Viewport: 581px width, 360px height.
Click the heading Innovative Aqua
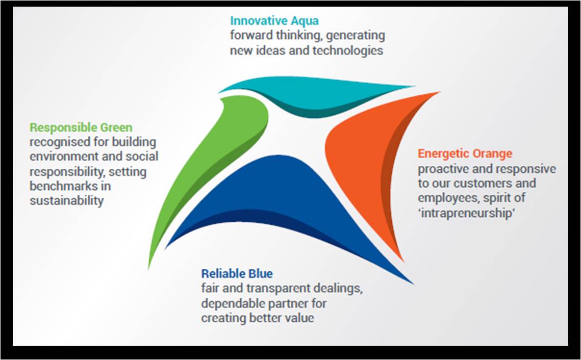274,20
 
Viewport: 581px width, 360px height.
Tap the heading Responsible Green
81,127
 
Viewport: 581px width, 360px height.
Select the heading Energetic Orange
465,153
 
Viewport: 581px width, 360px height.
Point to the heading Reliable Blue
237,274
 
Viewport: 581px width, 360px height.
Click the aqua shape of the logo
315,94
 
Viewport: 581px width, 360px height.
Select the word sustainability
67,200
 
